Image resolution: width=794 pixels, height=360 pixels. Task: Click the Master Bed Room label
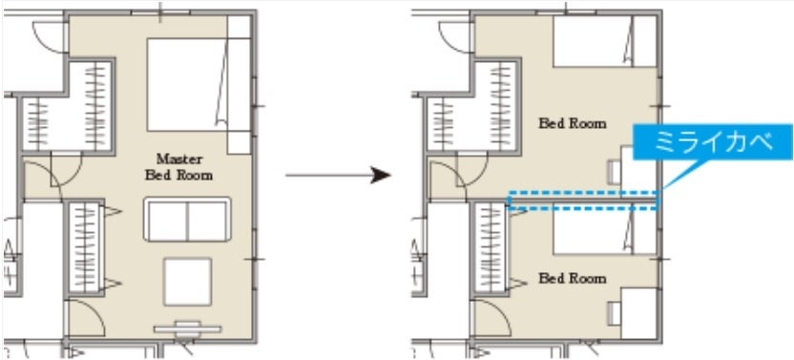[x=178, y=167]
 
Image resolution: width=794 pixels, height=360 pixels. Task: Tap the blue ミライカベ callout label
[x=713, y=142]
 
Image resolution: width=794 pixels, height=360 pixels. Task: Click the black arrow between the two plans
[x=338, y=176]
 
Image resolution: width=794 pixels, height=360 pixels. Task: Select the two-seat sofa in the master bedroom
[x=187, y=219]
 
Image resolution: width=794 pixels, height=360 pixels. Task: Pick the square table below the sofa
[x=187, y=282]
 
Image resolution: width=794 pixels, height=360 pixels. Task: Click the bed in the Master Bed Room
[x=198, y=85]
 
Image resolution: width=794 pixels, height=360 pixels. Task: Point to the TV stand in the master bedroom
[x=187, y=329]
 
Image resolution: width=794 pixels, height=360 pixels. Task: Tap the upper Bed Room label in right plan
[x=573, y=123]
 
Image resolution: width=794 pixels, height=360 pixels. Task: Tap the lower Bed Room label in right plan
[x=573, y=279]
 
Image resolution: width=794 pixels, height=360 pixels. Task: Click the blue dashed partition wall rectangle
[x=583, y=201]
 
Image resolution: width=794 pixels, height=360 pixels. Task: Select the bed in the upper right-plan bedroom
[x=605, y=41]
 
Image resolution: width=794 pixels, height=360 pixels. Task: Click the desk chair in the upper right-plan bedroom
[x=615, y=171]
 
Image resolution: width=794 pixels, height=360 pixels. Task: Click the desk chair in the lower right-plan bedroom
[x=615, y=313]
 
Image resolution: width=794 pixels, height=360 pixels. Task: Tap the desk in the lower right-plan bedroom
[x=639, y=313]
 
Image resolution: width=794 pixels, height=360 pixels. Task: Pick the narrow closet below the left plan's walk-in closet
[x=85, y=248]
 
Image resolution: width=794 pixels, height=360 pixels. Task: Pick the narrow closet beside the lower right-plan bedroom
[x=490, y=248]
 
